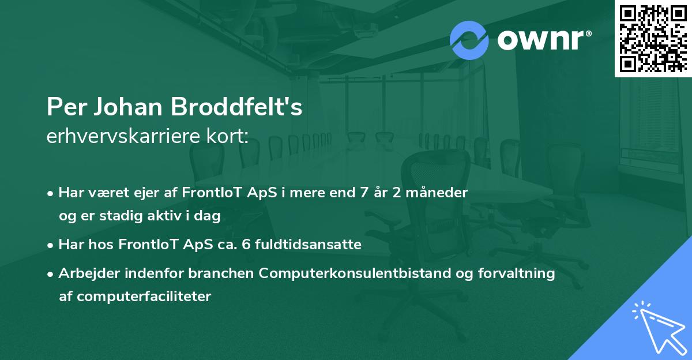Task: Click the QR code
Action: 653,39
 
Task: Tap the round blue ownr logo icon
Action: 469,40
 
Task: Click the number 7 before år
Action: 364,192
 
